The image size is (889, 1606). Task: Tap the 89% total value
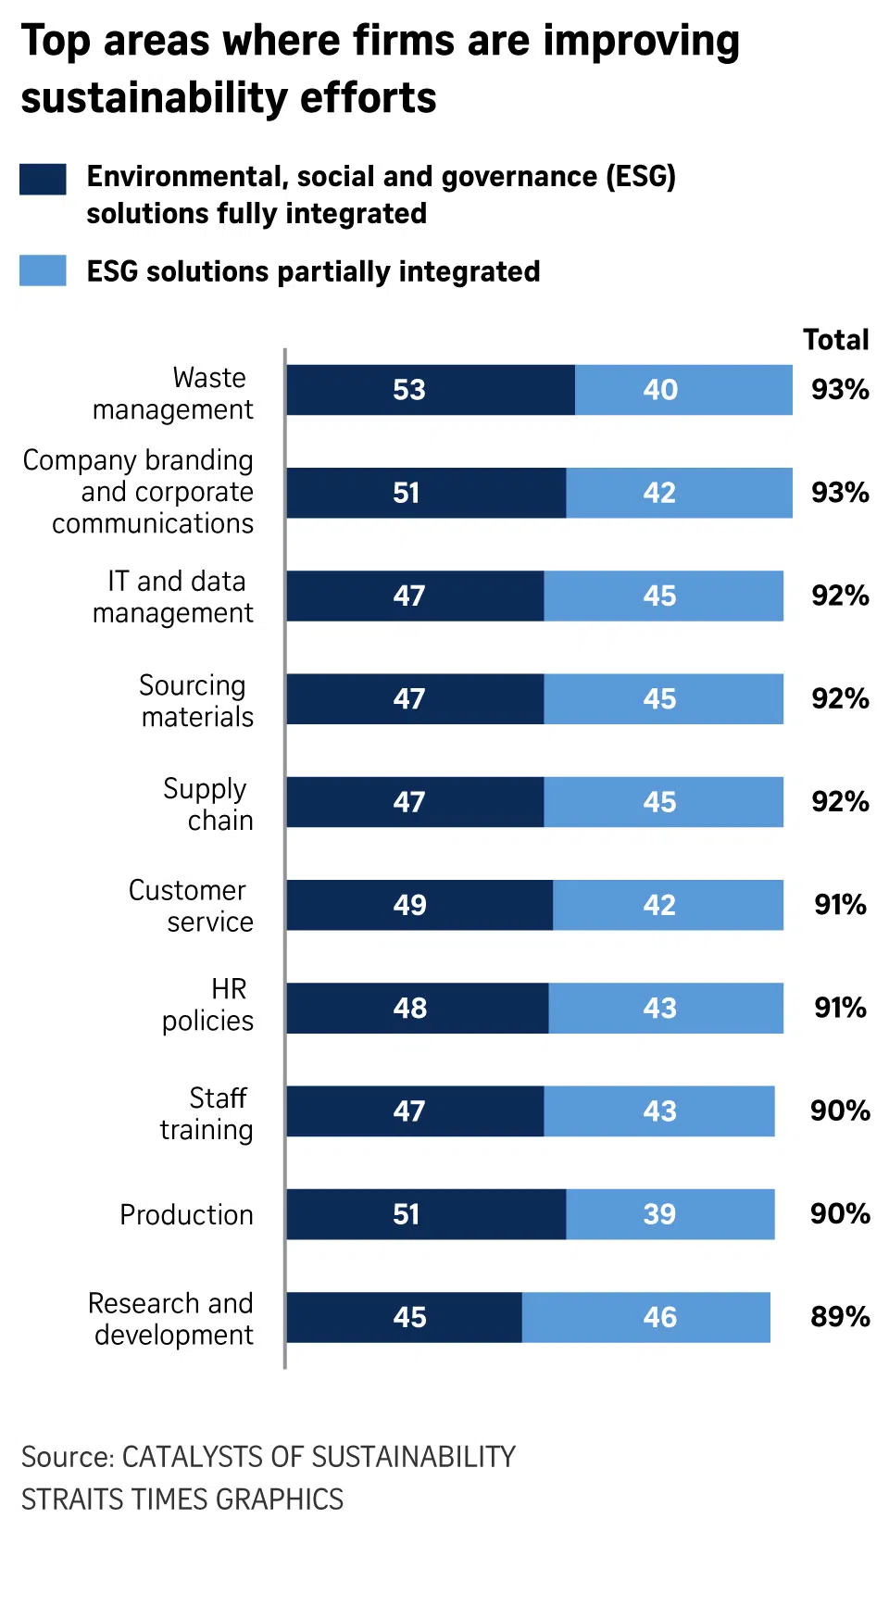pos(840,1317)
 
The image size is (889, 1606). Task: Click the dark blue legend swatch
pos(43,179)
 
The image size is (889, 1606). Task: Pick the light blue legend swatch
pos(43,270)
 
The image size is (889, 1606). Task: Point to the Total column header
pos(835,340)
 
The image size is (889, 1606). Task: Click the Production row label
pos(186,1214)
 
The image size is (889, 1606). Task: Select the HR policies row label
pos(207,1005)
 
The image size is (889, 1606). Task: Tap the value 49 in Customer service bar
pos(409,905)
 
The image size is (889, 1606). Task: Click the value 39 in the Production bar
pos(659,1214)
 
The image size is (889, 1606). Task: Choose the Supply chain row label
pos(207,804)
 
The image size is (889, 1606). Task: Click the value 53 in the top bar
pos(408,390)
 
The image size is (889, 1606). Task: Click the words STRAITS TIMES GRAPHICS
pos(182,1499)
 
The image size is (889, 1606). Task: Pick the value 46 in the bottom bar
pos(659,1317)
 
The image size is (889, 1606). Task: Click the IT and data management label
pos(173,597)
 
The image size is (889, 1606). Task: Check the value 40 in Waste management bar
pos(660,390)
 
